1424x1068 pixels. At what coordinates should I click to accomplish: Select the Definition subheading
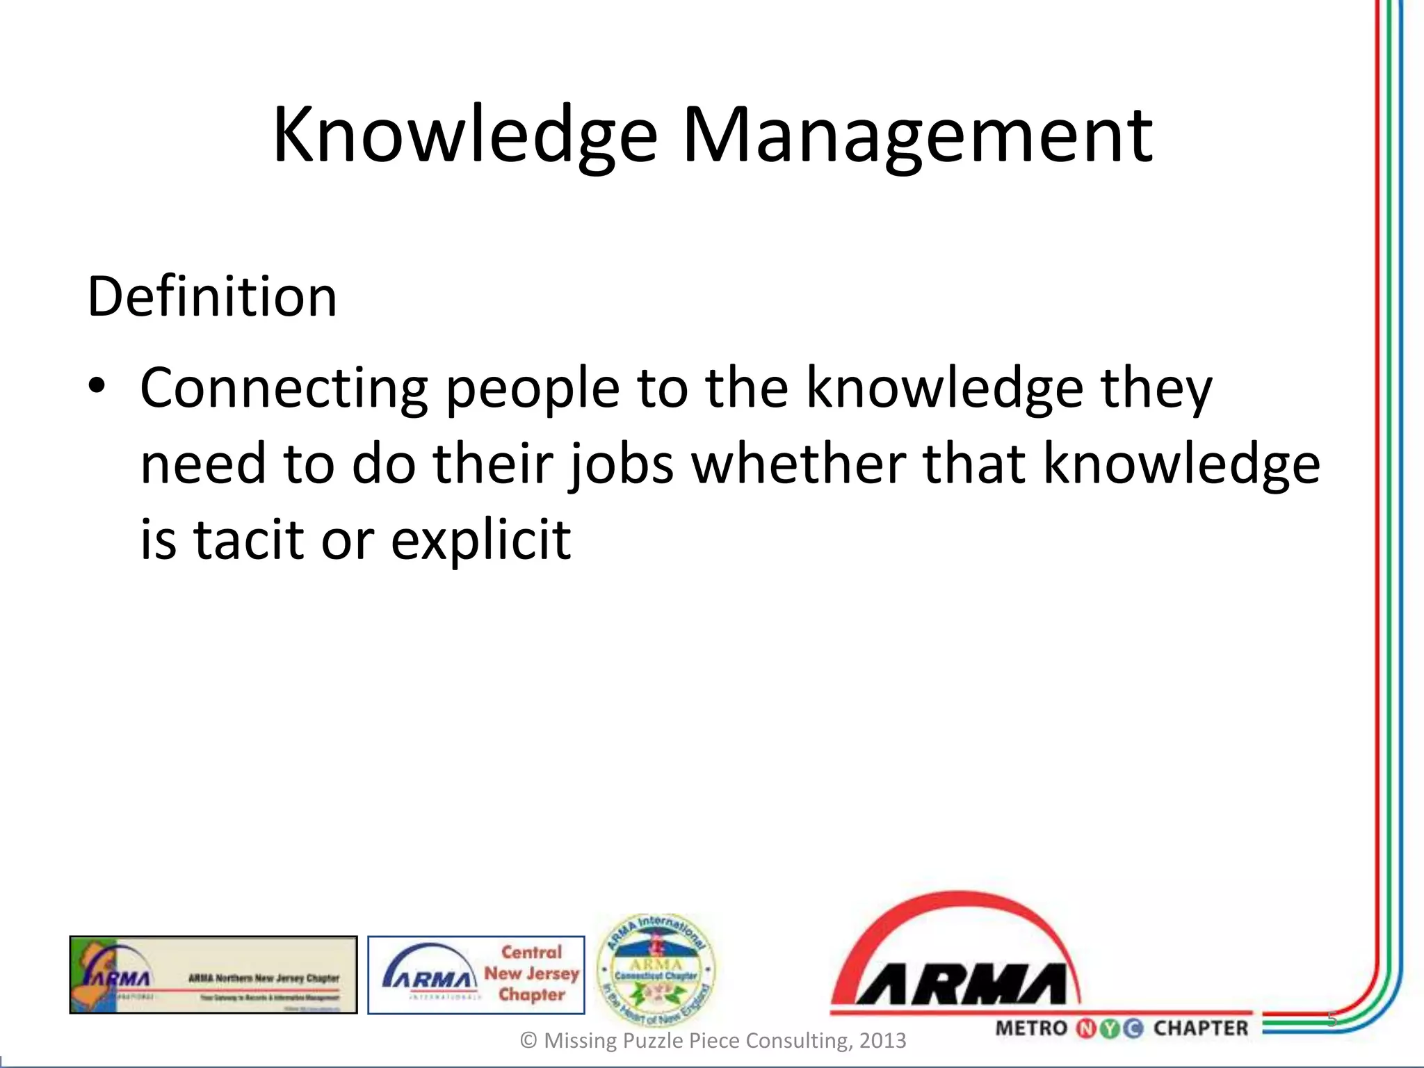(x=212, y=297)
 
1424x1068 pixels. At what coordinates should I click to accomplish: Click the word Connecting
(x=284, y=389)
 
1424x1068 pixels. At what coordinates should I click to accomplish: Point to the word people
(x=532, y=389)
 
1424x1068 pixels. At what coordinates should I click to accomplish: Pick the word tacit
(x=248, y=540)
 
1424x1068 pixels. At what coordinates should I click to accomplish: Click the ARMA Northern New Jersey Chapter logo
(x=213, y=975)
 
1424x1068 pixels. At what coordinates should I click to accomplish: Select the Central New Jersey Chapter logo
(x=476, y=975)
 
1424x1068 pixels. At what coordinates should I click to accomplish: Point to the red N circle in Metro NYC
(x=1087, y=1028)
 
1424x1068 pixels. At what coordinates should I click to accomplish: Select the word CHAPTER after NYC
(x=1201, y=1028)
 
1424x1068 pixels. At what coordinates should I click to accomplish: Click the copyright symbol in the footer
(x=529, y=1041)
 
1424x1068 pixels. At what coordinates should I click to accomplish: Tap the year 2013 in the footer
(x=882, y=1041)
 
